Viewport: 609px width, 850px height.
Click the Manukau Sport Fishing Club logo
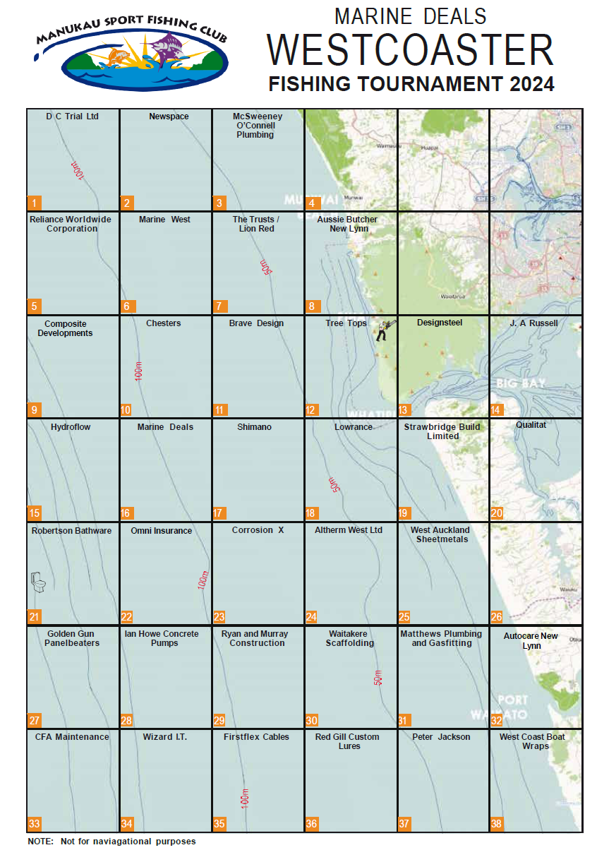pyautogui.click(x=132, y=53)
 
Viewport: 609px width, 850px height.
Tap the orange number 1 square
pyautogui.click(x=34, y=203)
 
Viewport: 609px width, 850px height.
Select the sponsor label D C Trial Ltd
pyautogui.click(x=72, y=116)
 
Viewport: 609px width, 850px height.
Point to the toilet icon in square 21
pyautogui.click(x=38, y=582)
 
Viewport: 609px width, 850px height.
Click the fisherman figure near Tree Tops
pyautogui.click(x=383, y=330)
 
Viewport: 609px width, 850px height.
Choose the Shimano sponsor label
pyautogui.click(x=254, y=427)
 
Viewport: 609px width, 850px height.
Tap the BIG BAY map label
pyautogui.click(x=521, y=383)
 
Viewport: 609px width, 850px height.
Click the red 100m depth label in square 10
pyautogui.click(x=138, y=371)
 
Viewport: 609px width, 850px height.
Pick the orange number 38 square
pyautogui.click(x=498, y=824)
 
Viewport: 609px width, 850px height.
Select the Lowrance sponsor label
pyautogui.click(x=353, y=427)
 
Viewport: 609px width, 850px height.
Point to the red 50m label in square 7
pyautogui.click(x=265, y=268)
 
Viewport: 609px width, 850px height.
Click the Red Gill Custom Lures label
pyautogui.click(x=347, y=741)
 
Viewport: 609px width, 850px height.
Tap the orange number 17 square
pyautogui.click(x=219, y=513)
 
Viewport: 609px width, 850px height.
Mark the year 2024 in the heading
pyautogui.click(x=524, y=84)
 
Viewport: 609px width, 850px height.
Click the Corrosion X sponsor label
pyautogui.click(x=258, y=530)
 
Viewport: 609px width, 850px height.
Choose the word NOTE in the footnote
pyautogui.click(x=40, y=842)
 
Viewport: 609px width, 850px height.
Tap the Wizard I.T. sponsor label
pyautogui.click(x=165, y=737)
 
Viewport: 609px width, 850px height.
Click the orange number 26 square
pyautogui.click(x=497, y=617)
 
